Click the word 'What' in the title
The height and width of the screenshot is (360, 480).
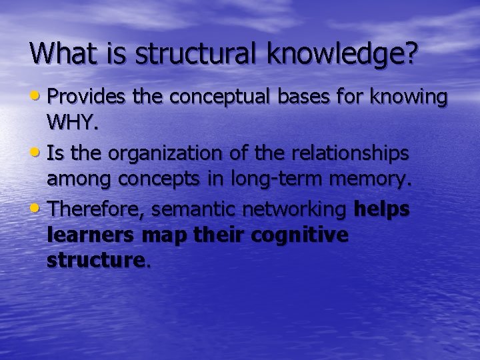point(64,53)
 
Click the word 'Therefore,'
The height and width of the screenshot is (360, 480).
point(97,210)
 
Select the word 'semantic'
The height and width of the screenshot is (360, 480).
point(193,210)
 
